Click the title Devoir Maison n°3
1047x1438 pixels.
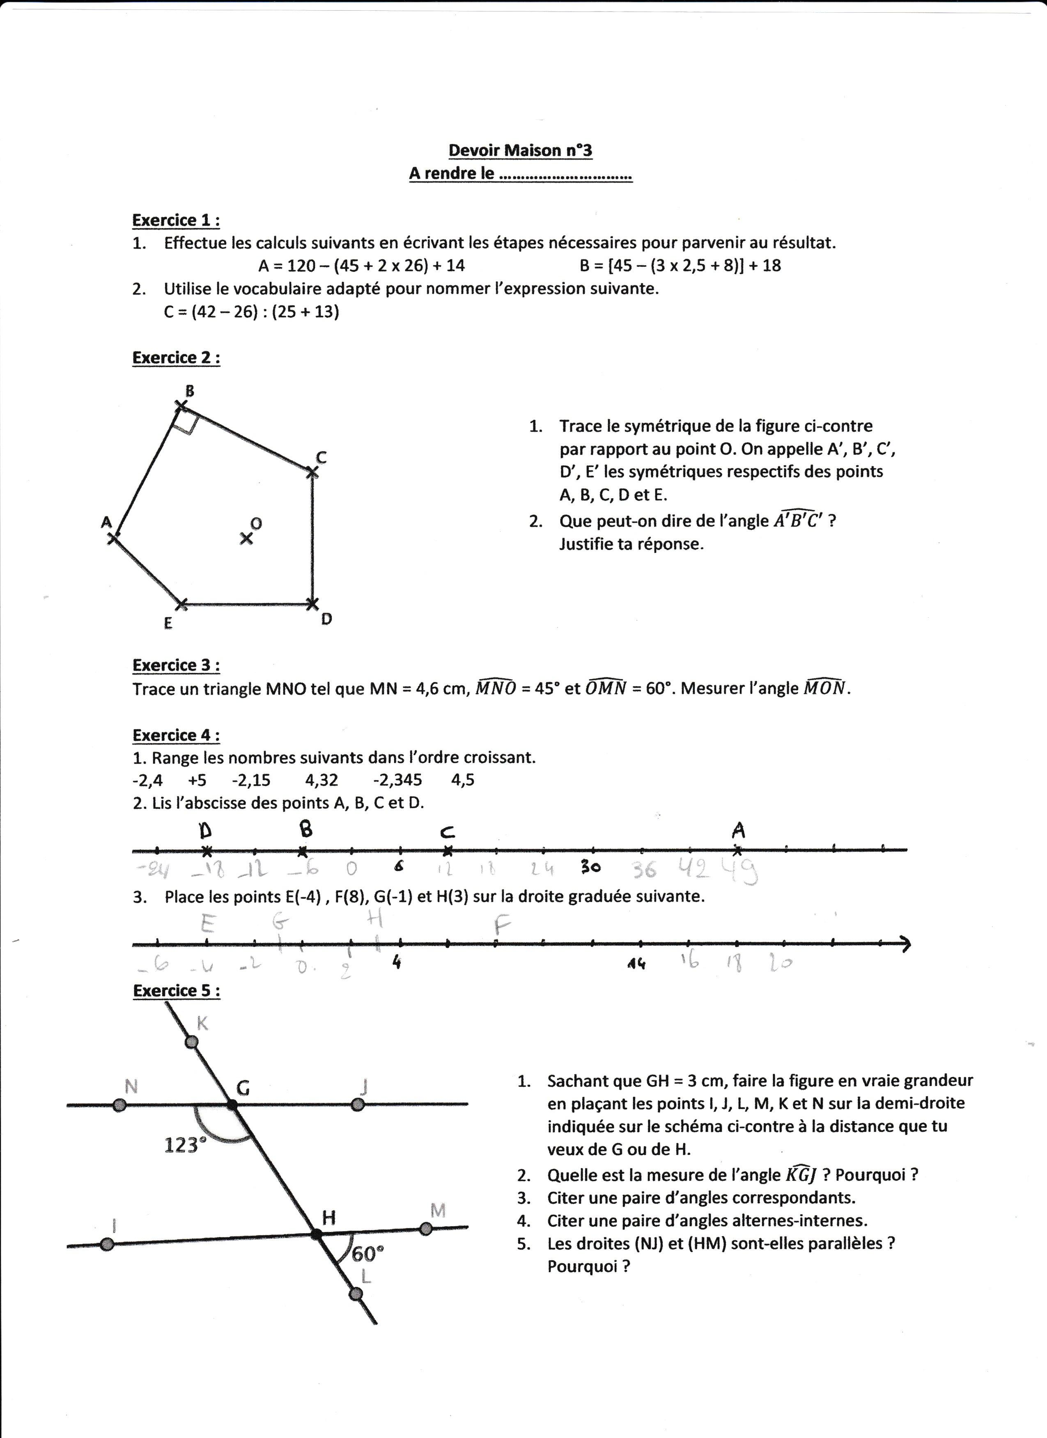point(520,150)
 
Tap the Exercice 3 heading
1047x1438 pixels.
point(176,665)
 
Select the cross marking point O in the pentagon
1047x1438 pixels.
point(246,538)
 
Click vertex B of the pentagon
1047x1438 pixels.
point(181,406)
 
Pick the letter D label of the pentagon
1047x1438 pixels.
point(326,619)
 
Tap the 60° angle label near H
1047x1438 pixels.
point(368,1253)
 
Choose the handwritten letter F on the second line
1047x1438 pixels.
point(502,927)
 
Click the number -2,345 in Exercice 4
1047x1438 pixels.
point(397,780)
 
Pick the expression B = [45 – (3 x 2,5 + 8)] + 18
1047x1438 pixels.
point(680,265)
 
